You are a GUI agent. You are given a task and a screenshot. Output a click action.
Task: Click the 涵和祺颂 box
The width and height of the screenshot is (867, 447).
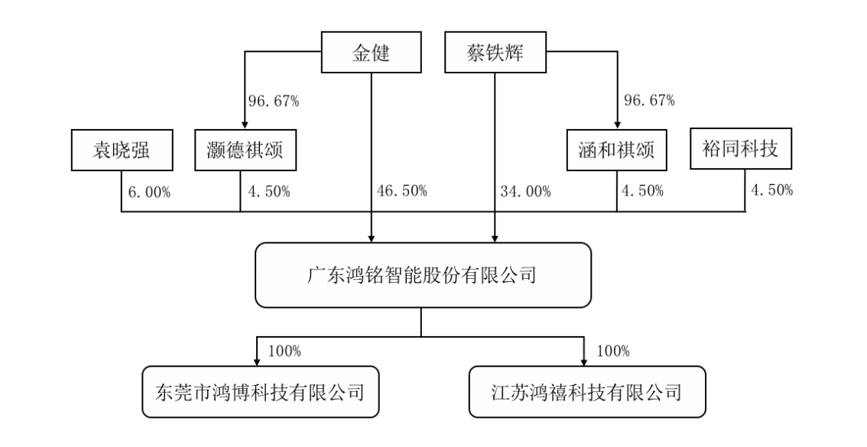point(615,150)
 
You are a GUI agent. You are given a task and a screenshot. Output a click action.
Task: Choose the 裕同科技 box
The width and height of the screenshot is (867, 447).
point(739,149)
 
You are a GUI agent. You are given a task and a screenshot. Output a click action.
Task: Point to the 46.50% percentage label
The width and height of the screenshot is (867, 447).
point(402,191)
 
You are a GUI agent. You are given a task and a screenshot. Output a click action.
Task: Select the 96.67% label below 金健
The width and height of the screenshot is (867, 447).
point(274,100)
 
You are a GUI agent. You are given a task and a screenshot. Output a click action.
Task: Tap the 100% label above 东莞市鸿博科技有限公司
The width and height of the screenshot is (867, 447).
point(284,351)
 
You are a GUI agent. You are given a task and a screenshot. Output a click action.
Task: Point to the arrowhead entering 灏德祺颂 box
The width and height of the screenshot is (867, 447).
point(244,125)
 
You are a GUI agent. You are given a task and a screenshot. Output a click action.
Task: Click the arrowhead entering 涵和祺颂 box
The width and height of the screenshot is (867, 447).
point(616,125)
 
